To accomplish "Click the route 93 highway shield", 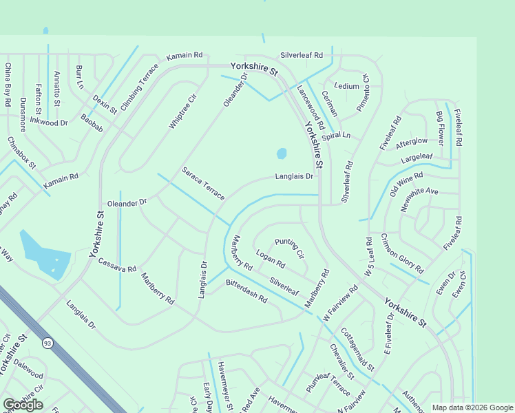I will click(x=47, y=343).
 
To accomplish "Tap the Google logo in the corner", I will click(x=23, y=405).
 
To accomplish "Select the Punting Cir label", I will click(x=289, y=248).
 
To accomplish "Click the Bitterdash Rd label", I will click(x=246, y=292).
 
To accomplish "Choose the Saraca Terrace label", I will click(x=203, y=184).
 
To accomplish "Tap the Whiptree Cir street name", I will click(x=183, y=111).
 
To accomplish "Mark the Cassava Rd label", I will click(x=117, y=266).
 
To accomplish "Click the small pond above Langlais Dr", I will click(x=281, y=153).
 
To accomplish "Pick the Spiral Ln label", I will click(x=336, y=136).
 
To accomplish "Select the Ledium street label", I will click(x=346, y=86).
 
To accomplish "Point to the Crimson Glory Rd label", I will click(x=402, y=254).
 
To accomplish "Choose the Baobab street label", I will click(x=92, y=125).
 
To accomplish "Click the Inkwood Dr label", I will click(x=48, y=123).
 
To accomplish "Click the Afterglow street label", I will click(x=412, y=141).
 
